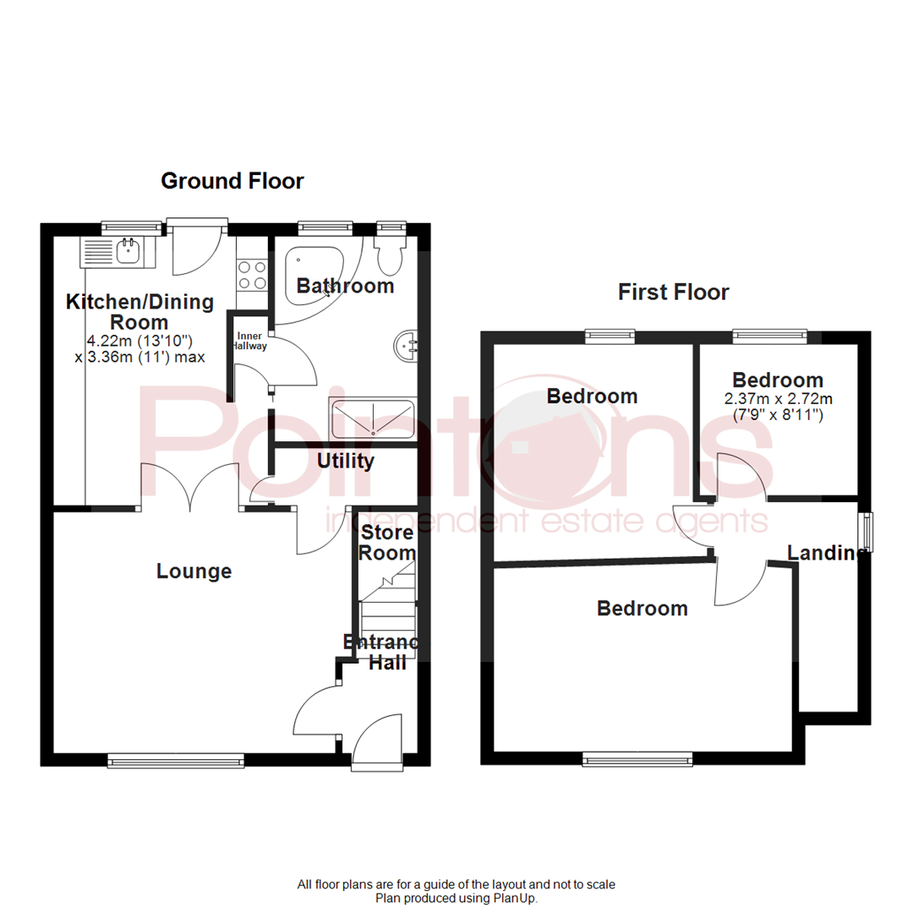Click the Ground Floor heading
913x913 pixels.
[x=232, y=180]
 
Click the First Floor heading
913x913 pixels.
[x=673, y=292]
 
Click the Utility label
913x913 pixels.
[x=345, y=462]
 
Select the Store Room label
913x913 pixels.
[x=388, y=543]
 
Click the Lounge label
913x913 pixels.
[x=194, y=571]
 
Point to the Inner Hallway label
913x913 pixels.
[x=250, y=342]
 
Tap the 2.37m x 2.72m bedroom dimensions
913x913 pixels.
[x=777, y=407]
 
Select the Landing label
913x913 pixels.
[x=825, y=553]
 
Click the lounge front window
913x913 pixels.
[x=176, y=762]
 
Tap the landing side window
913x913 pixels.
[x=865, y=531]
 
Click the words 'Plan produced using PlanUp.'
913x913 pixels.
[x=456, y=898]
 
